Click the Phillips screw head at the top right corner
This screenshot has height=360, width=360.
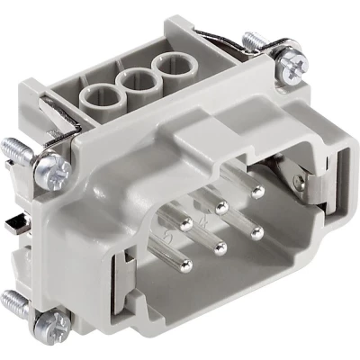(294, 62)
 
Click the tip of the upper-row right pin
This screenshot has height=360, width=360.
(258, 191)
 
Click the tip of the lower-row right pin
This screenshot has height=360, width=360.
(258, 231)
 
